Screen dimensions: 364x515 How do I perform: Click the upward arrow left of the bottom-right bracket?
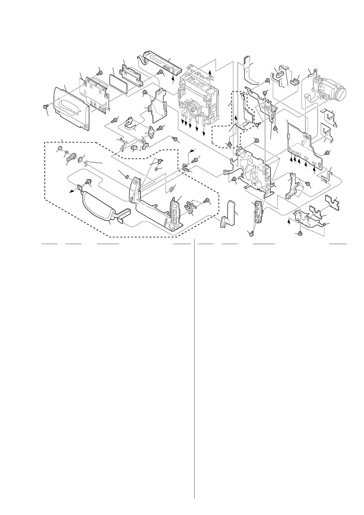289,221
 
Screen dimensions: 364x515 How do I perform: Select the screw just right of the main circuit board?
327,152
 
